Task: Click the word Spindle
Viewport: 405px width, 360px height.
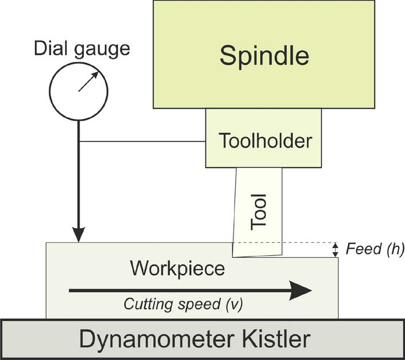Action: pyautogui.click(x=265, y=56)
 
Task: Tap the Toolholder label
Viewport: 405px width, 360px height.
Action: pyautogui.click(x=265, y=140)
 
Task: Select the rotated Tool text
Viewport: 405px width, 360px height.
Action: pyautogui.click(x=260, y=212)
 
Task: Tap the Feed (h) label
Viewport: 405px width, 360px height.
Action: pyautogui.click(x=375, y=249)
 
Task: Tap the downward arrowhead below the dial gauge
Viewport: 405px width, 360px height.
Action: pyautogui.click(x=79, y=234)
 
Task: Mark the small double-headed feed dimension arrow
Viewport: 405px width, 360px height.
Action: pyautogui.click(x=336, y=250)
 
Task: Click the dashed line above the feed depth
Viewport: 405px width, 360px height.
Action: pyautogui.click(x=309, y=242)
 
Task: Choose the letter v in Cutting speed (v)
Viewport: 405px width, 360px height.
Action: pyautogui.click(x=235, y=305)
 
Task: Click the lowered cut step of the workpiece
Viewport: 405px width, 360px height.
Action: pyautogui.click(x=312, y=258)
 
